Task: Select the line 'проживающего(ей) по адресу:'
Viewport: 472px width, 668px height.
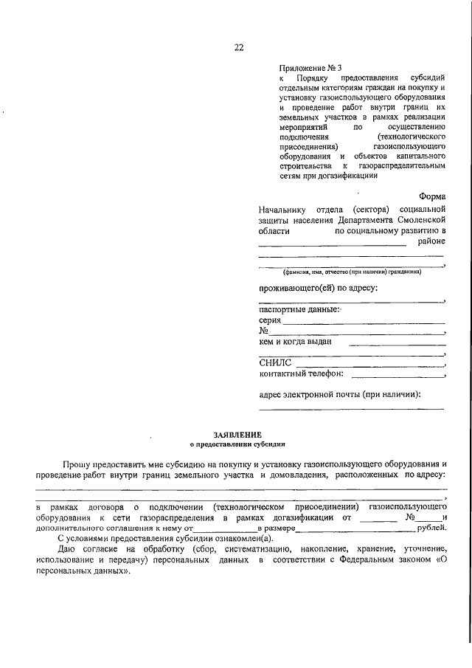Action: pyautogui.click(x=318, y=287)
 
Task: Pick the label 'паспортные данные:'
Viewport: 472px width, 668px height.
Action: pyautogui.click(x=298, y=309)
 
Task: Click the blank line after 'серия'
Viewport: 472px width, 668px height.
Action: pyautogui.click(x=364, y=322)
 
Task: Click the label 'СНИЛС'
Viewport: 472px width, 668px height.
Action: pyautogui.click(x=276, y=362)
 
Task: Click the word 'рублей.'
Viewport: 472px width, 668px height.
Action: pyautogui.click(x=431, y=528)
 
